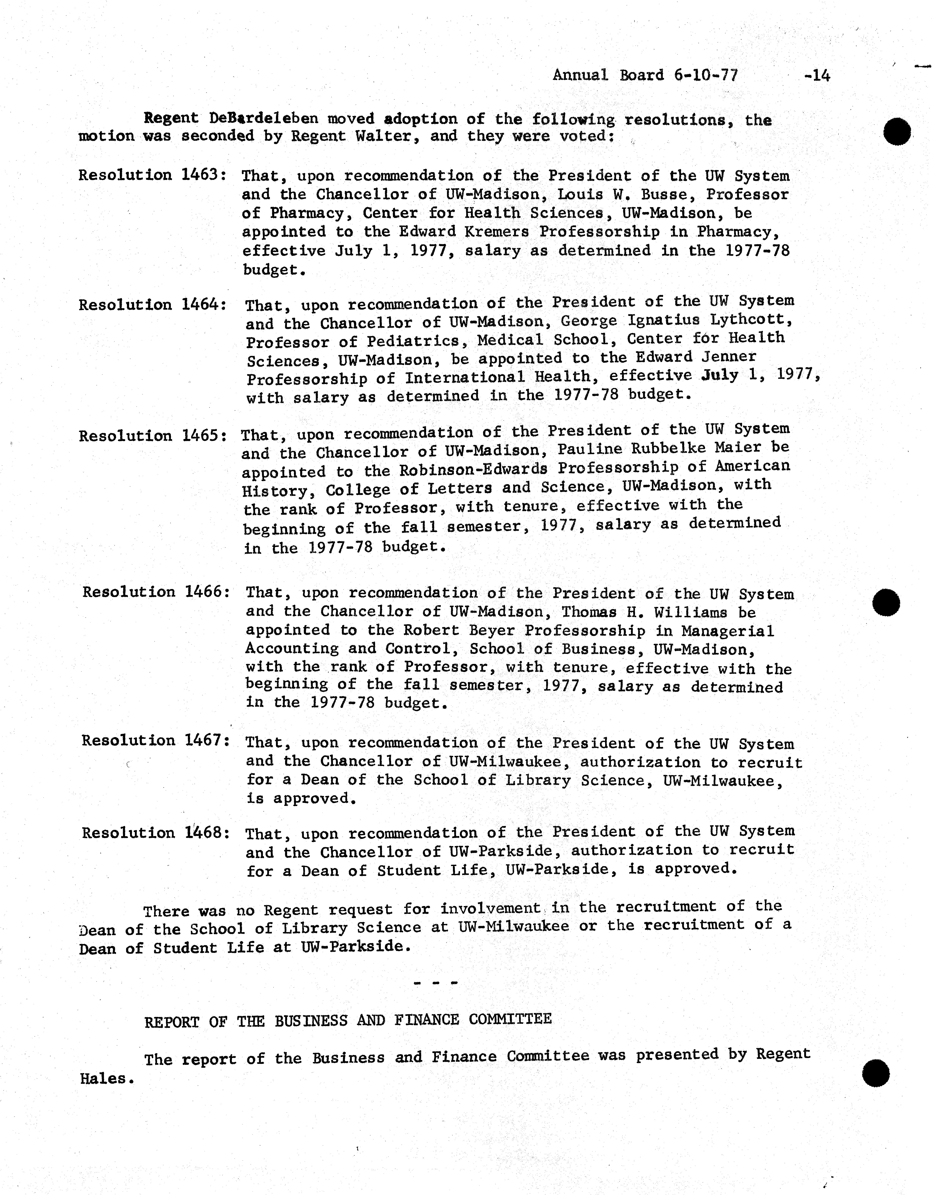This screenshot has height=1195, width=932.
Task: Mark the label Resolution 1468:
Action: [x=155, y=833]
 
